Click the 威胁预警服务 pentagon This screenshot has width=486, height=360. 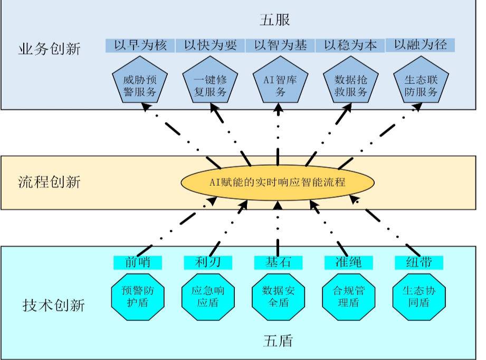click(x=140, y=86)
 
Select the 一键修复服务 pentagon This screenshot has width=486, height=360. click(x=210, y=86)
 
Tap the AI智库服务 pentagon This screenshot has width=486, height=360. click(x=280, y=86)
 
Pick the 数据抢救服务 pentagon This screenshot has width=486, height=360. click(x=350, y=86)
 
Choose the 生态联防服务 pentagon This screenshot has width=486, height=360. click(x=421, y=86)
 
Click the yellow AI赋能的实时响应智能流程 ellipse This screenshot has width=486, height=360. click(x=278, y=183)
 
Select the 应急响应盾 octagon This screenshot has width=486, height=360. click(x=207, y=296)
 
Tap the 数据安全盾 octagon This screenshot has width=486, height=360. click(x=278, y=296)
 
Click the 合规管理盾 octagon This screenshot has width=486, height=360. click(x=348, y=296)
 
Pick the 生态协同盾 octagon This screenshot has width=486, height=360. click(x=419, y=296)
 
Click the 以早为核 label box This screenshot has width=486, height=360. click(x=140, y=45)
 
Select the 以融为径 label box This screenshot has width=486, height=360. click(x=421, y=45)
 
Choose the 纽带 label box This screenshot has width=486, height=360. click(x=419, y=262)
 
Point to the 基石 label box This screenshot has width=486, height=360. click(x=278, y=262)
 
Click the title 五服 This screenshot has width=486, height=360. click(x=275, y=20)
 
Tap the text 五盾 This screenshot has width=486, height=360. click(x=278, y=340)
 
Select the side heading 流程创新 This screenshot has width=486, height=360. click(x=49, y=183)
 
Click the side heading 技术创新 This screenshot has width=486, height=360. click(x=53, y=305)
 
